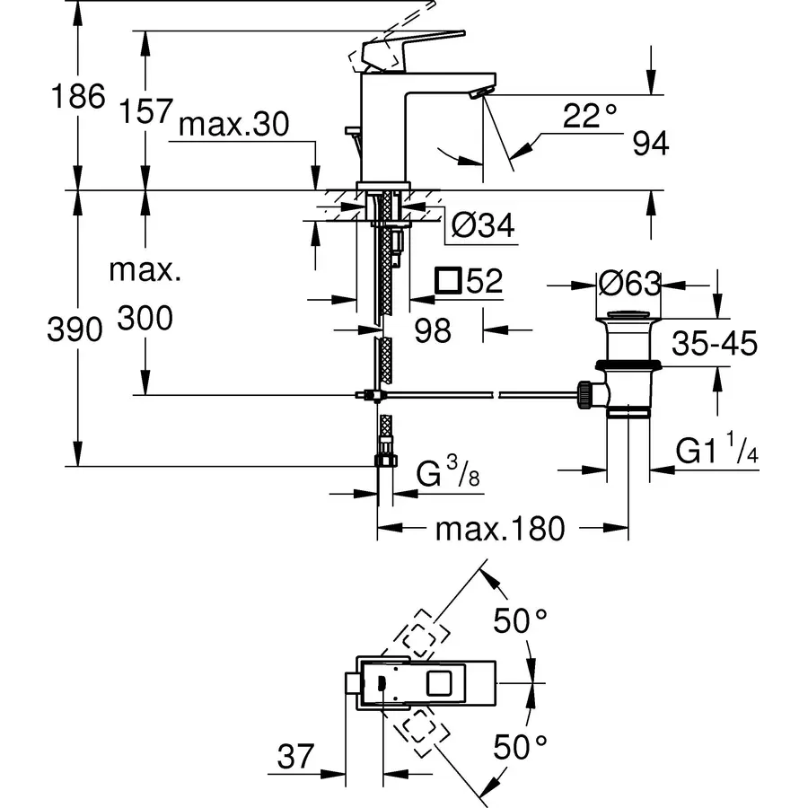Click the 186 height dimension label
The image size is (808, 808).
pyautogui.click(x=80, y=96)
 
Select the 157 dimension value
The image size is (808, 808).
pyautogui.click(x=145, y=111)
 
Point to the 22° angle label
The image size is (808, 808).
pyautogui.click(x=592, y=116)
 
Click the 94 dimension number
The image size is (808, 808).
pyautogui.click(x=650, y=144)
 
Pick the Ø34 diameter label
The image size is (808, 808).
pyautogui.click(x=483, y=226)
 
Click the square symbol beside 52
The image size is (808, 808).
pyautogui.click(x=447, y=281)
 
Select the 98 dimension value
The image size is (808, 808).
pyautogui.click(x=433, y=330)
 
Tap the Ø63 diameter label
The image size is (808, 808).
pyautogui.click(x=629, y=285)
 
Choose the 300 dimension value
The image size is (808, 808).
pyautogui.click(x=145, y=318)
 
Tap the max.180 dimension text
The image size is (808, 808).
pyautogui.click(x=500, y=529)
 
